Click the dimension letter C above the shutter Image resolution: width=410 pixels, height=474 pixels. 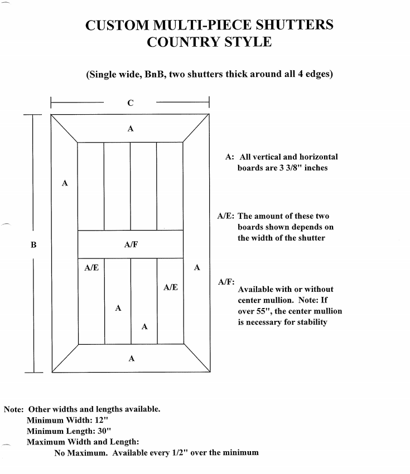click(x=131, y=102)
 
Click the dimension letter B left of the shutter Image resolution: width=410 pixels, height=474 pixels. click(x=33, y=244)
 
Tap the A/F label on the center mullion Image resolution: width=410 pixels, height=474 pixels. click(x=131, y=245)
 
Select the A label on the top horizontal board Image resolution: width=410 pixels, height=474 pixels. click(x=131, y=129)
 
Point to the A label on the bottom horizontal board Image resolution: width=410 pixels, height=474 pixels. click(x=131, y=359)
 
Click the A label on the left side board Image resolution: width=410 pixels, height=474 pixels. click(x=65, y=183)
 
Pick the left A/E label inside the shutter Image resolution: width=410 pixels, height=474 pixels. click(x=91, y=268)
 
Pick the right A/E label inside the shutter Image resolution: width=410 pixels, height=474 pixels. click(x=171, y=287)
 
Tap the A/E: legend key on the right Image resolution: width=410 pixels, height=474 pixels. click(x=226, y=217)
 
